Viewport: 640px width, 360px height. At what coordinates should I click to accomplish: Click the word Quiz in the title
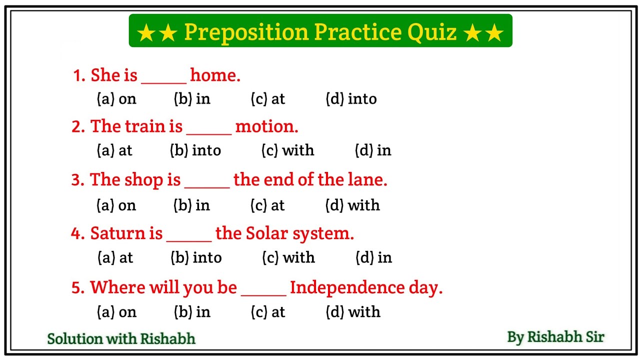pyautogui.click(x=432, y=32)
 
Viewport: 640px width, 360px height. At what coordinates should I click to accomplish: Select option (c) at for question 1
pyautogui.click(x=267, y=99)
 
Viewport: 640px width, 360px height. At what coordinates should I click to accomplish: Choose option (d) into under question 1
pyautogui.click(x=351, y=99)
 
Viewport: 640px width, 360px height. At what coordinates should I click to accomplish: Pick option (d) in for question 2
pyautogui.click(x=373, y=150)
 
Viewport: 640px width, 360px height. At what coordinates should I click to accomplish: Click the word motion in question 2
pyautogui.click(x=266, y=126)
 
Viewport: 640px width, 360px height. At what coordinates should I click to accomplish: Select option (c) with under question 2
pyautogui.click(x=288, y=150)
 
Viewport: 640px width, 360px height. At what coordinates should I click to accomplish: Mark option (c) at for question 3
pyautogui.click(x=267, y=205)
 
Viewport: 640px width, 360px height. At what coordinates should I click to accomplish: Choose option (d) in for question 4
pyautogui.click(x=373, y=258)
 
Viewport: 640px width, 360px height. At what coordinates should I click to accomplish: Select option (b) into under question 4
pyautogui.click(x=196, y=258)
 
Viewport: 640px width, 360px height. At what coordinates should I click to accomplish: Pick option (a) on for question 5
pyautogui.click(x=116, y=312)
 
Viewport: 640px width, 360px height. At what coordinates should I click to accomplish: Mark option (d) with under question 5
pyautogui.click(x=353, y=312)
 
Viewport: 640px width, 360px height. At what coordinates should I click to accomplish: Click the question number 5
pyautogui.click(x=76, y=288)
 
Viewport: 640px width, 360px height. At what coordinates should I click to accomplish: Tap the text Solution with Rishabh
pyautogui.click(x=121, y=338)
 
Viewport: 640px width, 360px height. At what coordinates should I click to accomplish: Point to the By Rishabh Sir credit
pyautogui.click(x=555, y=337)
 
